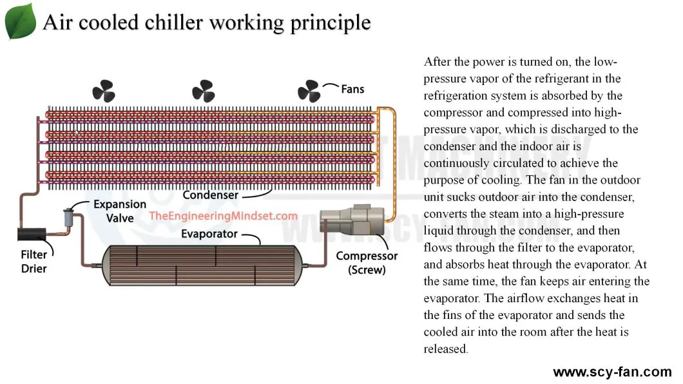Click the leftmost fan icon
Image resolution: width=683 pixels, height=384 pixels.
[102, 90]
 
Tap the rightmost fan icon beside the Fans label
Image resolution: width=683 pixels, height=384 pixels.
[309, 91]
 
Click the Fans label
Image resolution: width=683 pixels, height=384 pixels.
[352, 88]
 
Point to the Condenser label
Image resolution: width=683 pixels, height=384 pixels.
[210, 195]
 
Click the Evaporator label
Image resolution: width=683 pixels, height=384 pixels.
[209, 233]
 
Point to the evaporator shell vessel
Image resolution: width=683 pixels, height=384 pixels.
[200, 265]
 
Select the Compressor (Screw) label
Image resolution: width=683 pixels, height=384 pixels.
[367, 263]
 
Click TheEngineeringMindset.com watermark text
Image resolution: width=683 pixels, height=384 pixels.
[224, 216]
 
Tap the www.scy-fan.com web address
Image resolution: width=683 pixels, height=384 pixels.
[612, 372]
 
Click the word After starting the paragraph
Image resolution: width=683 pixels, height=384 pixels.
[438, 62]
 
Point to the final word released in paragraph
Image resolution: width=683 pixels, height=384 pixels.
[445, 349]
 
